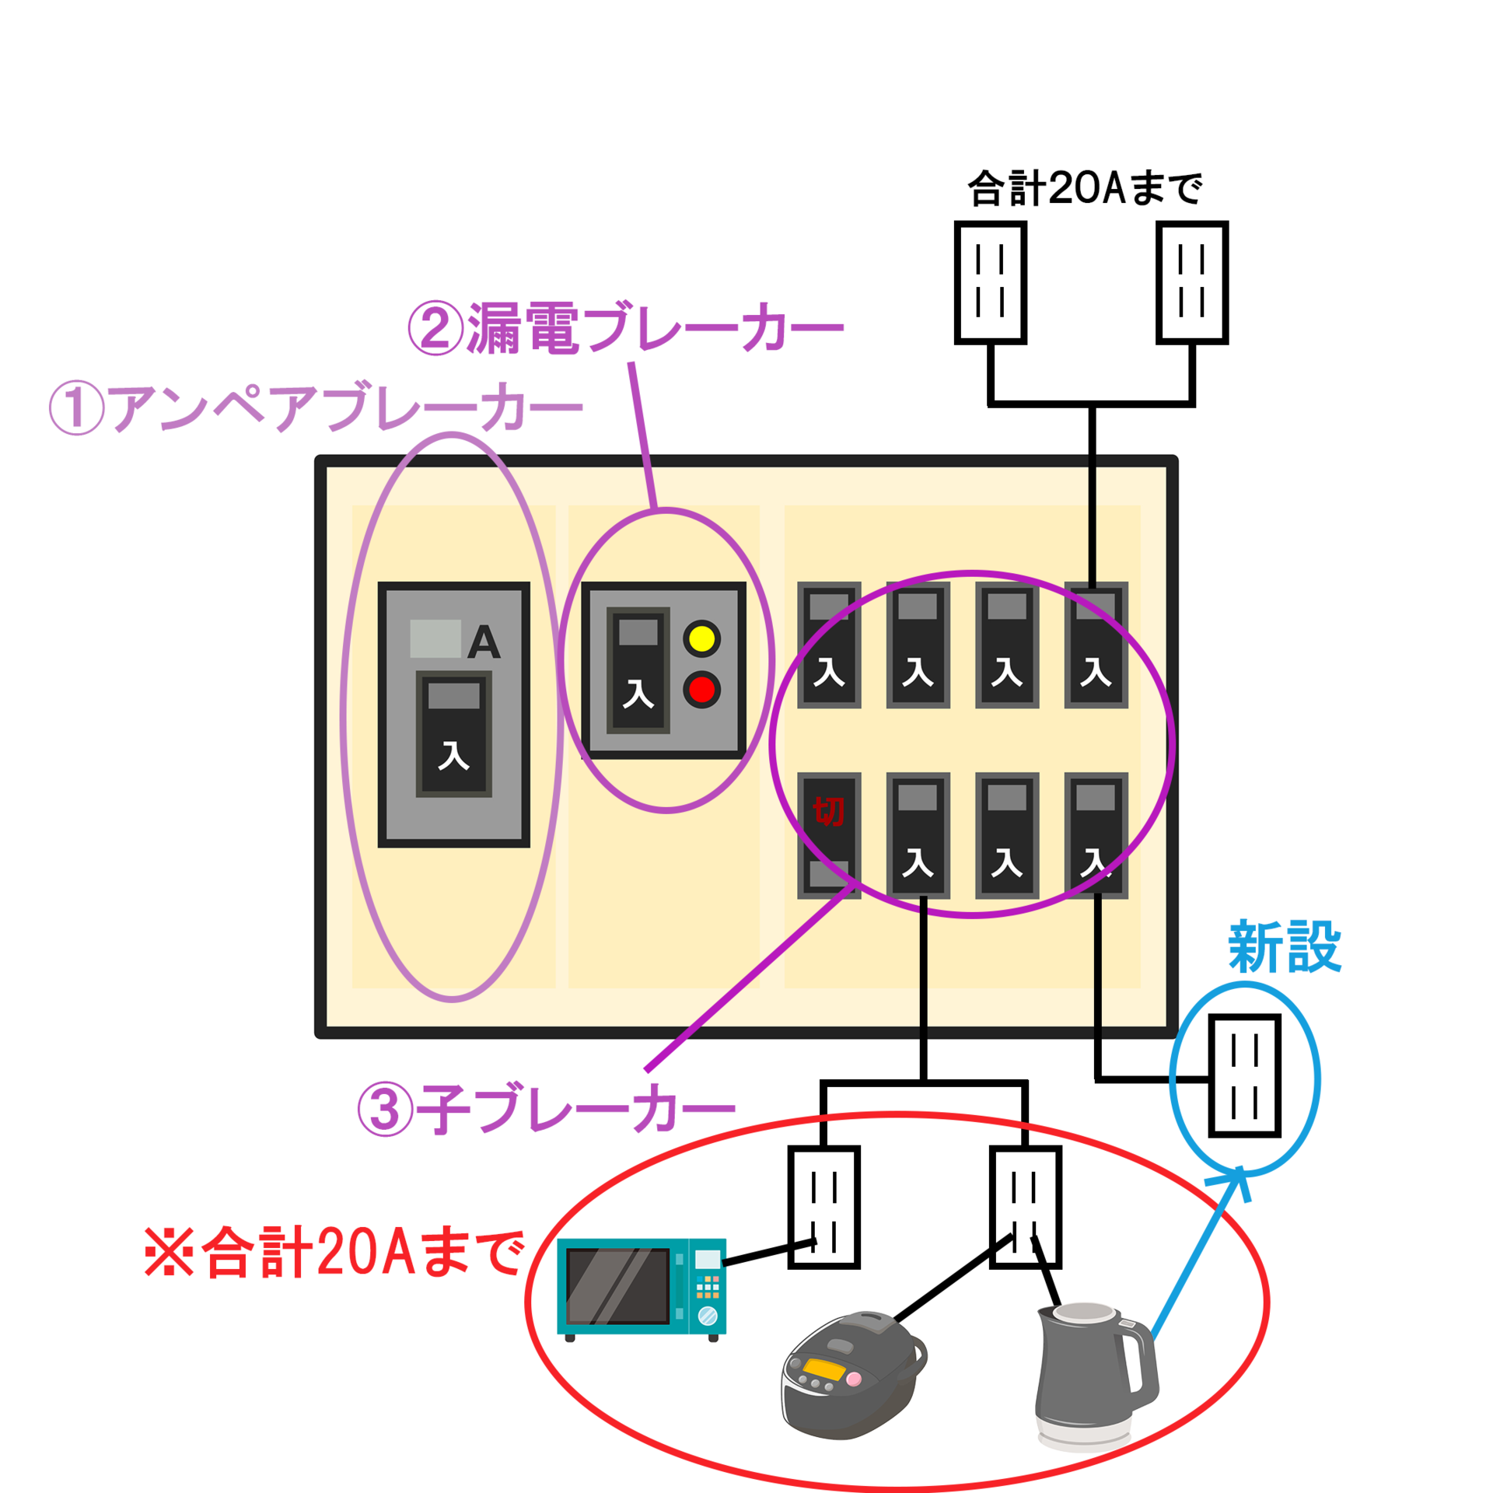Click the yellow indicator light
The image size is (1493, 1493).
[701, 639]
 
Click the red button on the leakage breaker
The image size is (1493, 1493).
[701, 690]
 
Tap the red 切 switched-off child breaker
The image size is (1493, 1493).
[829, 836]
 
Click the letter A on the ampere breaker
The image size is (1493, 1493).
[484, 642]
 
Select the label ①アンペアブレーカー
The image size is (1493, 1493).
[315, 407]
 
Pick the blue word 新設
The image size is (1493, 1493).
[1285, 947]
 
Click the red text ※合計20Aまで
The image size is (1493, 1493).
[334, 1252]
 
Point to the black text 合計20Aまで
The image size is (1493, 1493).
[1085, 188]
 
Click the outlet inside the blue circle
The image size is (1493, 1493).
[1244, 1075]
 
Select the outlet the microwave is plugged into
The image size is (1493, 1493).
[823, 1208]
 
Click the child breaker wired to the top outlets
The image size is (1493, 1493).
[1096, 645]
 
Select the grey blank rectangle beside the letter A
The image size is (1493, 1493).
[435, 638]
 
